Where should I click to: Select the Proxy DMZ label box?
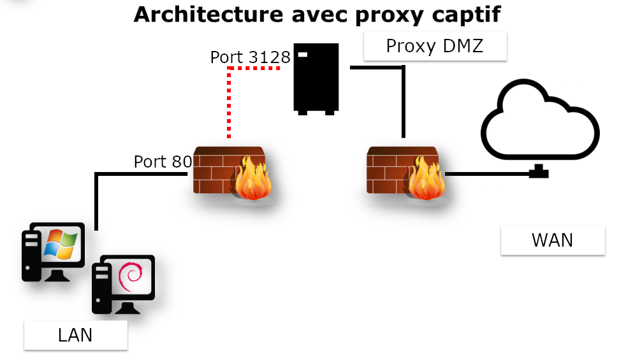(435, 47)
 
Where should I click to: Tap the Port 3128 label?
(250, 57)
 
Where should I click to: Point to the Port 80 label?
(163, 162)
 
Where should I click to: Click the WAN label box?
(552, 240)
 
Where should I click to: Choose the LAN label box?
(75, 335)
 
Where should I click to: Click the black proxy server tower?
(315, 78)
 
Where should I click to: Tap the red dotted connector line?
(229, 102)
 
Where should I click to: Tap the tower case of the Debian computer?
(101, 290)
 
